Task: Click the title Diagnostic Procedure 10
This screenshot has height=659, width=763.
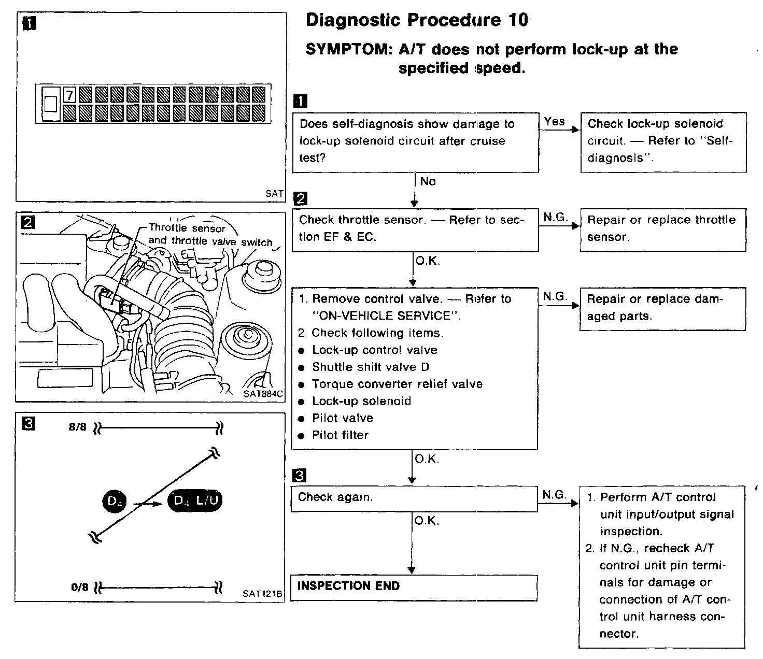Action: (x=417, y=21)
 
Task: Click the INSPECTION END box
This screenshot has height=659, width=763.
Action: (x=414, y=587)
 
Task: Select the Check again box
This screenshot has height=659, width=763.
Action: (x=414, y=498)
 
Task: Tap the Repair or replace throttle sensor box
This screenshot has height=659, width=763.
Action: (x=662, y=229)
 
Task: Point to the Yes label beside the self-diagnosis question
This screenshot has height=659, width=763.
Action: (x=554, y=122)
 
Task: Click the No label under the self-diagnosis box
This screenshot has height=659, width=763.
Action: (x=428, y=182)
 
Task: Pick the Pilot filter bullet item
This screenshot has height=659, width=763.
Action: (x=340, y=435)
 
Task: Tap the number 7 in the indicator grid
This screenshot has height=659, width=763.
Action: (x=69, y=95)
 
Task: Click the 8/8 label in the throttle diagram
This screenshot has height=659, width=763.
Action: (x=78, y=428)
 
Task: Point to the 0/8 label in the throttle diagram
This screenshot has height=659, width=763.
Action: (x=80, y=588)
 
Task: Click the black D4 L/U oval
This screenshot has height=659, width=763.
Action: (x=195, y=501)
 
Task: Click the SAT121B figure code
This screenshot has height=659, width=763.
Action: (x=262, y=594)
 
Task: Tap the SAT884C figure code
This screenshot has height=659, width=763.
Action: (x=263, y=394)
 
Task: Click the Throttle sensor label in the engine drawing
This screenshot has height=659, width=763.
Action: (x=187, y=228)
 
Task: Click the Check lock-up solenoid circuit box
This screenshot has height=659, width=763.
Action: (x=663, y=141)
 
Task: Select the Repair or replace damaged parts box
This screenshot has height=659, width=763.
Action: (x=662, y=308)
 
